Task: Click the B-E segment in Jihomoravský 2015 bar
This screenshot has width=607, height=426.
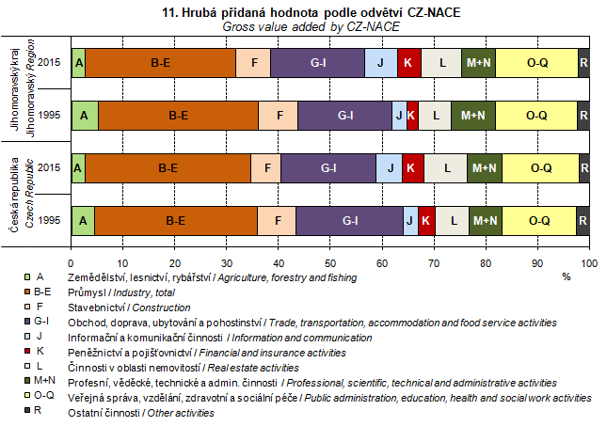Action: point(160,62)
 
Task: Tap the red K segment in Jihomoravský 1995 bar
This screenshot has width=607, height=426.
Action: point(413,116)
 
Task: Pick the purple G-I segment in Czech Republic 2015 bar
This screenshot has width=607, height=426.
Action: point(328,168)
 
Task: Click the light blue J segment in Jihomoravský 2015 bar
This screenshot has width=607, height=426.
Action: point(380,62)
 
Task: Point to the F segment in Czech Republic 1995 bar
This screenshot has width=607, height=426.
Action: point(277,220)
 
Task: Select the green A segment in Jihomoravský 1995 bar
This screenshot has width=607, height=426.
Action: point(85,116)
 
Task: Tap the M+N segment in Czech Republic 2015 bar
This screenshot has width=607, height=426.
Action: point(485,168)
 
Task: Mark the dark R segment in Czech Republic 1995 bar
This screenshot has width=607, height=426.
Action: point(583,220)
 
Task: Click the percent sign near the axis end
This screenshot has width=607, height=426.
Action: point(567,277)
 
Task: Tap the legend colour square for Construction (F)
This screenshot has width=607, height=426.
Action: point(28,308)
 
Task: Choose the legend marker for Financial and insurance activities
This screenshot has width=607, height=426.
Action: point(28,353)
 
